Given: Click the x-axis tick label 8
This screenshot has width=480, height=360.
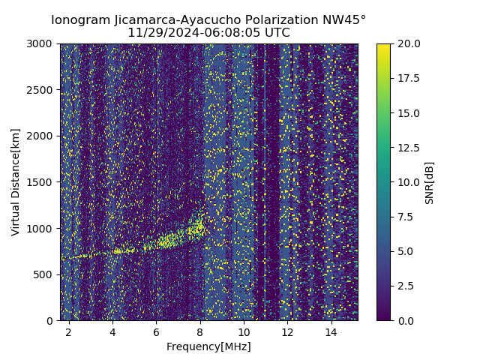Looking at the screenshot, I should [x=200, y=331].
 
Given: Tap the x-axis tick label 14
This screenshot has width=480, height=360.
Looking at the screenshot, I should [x=331, y=331].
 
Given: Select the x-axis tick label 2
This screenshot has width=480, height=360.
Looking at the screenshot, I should [x=69, y=331].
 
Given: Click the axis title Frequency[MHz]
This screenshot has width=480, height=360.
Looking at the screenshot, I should [x=208, y=346].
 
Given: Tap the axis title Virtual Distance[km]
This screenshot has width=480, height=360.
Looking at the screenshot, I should [x=16, y=182].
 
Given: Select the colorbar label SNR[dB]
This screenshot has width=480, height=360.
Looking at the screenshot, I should [x=430, y=182].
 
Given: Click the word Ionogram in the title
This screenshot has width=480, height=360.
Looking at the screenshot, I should [x=80, y=20].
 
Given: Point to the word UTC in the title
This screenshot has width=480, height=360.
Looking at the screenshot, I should [x=276, y=33].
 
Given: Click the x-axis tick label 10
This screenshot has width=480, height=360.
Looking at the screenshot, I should [x=244, y=331].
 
